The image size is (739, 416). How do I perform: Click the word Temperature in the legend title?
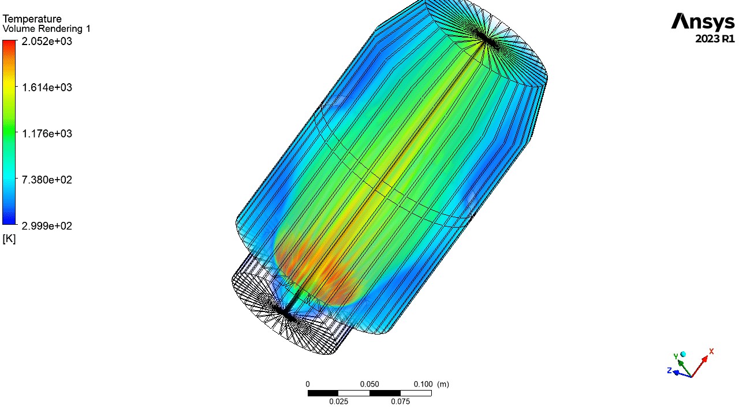[x=32, y=19]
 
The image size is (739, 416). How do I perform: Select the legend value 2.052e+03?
[x=47, y=41]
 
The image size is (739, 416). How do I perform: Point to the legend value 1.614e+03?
[x=47, y=87]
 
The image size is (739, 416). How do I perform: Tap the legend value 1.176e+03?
[x=47, y=133]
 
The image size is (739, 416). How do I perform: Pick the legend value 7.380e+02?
[x=47, y=180]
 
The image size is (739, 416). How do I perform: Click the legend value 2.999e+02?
[x=47, y=226]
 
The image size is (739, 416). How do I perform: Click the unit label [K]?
[x=9, y=239]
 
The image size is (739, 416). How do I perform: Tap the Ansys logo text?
[x=703, y=22]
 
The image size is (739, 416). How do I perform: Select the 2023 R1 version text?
[x=715, y=39]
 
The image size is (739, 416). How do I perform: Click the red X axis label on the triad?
[x=711, y=352]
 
